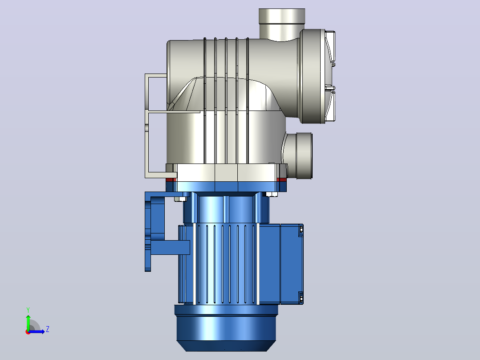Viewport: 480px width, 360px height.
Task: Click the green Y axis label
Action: [28, 310]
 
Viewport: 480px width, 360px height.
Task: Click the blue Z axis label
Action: [48, 329]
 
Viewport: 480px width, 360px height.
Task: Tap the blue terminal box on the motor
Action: [292, 264]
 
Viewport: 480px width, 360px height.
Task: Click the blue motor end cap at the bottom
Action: [226, 328]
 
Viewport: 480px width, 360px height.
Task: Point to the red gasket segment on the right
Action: [281, 180]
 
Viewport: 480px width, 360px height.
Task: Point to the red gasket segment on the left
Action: [171, 180]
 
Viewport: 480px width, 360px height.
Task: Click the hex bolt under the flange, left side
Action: [181, 199]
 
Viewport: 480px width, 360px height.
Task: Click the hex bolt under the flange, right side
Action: [272, 194]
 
